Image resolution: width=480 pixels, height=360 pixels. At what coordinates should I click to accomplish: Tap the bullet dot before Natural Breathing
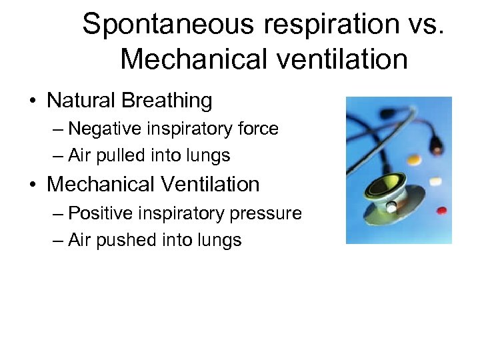coord(32,102)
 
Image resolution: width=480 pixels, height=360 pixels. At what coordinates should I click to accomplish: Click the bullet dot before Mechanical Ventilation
coord(32,185)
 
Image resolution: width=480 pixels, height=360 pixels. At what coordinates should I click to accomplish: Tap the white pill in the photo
coord(436,181)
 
